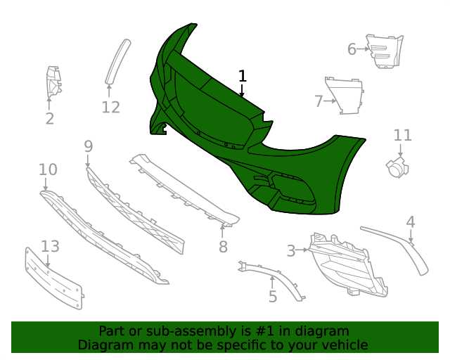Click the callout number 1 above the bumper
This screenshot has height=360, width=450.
[x=243, y=76]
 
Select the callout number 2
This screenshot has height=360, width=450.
[x=50, y=119]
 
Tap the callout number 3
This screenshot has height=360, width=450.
[x=291, y=250]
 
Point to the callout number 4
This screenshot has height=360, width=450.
[x=411, y=223]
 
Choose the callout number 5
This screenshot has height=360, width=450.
[x=273, y=297]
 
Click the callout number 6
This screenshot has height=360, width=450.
[x=352, y=49]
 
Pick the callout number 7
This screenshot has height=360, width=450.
[x=319, y=101]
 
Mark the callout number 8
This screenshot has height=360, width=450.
[x=223, y=247]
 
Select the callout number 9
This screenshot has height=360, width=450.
[x=88, y=146]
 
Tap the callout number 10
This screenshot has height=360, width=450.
[x=48, y=169]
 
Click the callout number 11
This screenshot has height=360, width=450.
[x=402, y=135]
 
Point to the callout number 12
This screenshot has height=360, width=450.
[x=110, y=108]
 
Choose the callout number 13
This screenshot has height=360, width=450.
[x=50, y=246]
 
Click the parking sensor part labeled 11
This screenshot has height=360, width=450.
[x=397, y=167]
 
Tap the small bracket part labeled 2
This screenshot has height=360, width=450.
[x=53, y=84]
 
